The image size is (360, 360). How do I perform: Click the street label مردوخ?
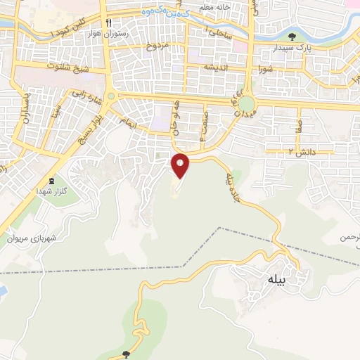(x=158, y=46)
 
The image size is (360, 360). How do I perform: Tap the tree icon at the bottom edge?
(x=126, y=355)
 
